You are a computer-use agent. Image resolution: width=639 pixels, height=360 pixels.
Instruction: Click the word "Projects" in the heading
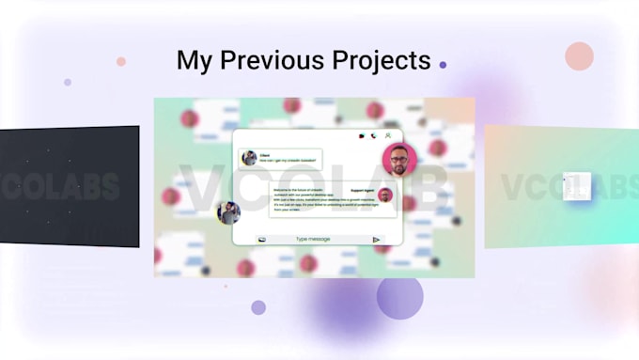coord(379,61)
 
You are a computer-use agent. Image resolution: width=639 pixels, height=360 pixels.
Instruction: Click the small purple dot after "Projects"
coord(443,65)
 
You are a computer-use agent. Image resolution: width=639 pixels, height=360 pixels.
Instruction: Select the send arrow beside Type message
coord(377,240)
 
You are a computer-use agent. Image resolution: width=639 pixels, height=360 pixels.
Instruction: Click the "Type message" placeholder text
coord(314,240)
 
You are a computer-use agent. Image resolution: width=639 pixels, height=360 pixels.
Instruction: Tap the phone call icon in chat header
coord(374,136)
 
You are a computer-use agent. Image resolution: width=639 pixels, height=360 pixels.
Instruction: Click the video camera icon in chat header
coord(361,136)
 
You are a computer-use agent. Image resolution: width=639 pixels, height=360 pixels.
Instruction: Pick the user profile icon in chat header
coord(388,136)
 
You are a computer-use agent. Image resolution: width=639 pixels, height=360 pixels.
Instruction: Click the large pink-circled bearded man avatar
coord(399,159)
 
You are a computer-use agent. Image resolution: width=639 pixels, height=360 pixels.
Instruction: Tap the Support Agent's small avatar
coord(385,196)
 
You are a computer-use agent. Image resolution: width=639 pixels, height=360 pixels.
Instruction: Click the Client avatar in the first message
coord(249,158)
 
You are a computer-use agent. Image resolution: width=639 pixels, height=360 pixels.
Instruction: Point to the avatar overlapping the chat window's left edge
coord(228,212)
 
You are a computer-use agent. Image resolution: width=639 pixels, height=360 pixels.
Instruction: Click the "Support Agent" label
coord(363,190)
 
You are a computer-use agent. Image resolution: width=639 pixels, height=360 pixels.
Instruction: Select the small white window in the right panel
coord(576,185)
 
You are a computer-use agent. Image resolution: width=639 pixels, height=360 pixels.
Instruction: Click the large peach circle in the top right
coord(579,56)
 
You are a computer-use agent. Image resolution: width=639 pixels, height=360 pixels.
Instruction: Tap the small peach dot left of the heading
coord(121,62)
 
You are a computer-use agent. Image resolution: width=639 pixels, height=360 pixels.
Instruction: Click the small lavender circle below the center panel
coord(258,307)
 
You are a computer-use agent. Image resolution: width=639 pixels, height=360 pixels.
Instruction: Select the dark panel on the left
coord(70,186)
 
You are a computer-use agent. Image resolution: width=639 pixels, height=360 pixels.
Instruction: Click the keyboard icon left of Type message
coord(262,240)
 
